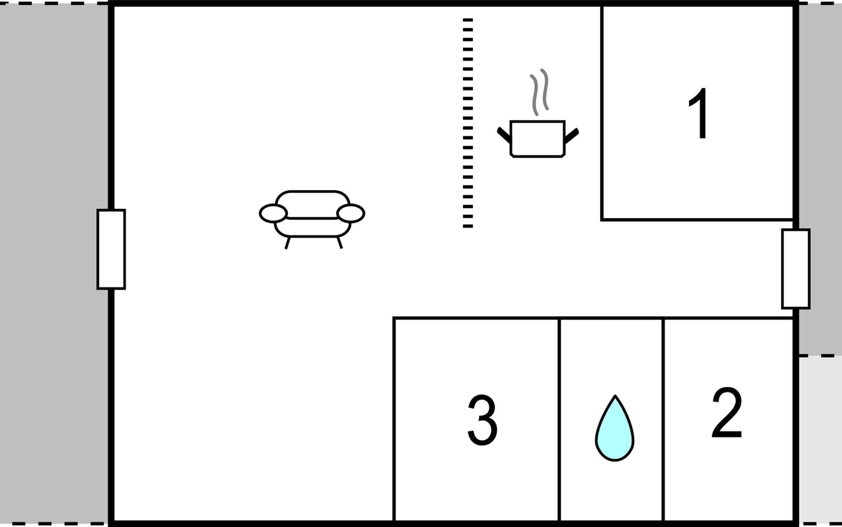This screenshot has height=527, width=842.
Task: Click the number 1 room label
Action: coord(699,113)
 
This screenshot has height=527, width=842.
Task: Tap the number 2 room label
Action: coord(727,413)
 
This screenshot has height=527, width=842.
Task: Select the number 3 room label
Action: coord(482,420)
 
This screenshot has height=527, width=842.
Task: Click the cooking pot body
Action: coord(537,139)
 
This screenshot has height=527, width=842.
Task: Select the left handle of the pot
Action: coord(504,135)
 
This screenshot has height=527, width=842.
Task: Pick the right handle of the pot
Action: coord(572,136)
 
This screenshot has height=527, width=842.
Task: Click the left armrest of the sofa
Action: coord(273,214)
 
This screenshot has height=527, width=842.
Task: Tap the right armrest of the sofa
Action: coord(350,213)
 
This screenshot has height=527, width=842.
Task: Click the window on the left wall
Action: coord(111,249)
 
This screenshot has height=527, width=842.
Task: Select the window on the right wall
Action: coord(796,269)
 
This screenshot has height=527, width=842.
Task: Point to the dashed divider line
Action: coord(468,123)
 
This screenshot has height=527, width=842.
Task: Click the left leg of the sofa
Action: coord(287,243)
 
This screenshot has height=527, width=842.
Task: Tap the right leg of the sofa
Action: coord(339,242)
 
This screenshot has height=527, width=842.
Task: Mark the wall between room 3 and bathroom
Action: coord(559,419)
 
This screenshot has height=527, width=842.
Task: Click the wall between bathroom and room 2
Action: coord(663,419)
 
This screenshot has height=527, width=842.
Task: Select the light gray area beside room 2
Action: coord(820,439)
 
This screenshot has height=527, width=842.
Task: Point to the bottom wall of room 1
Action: coord(697,219)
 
